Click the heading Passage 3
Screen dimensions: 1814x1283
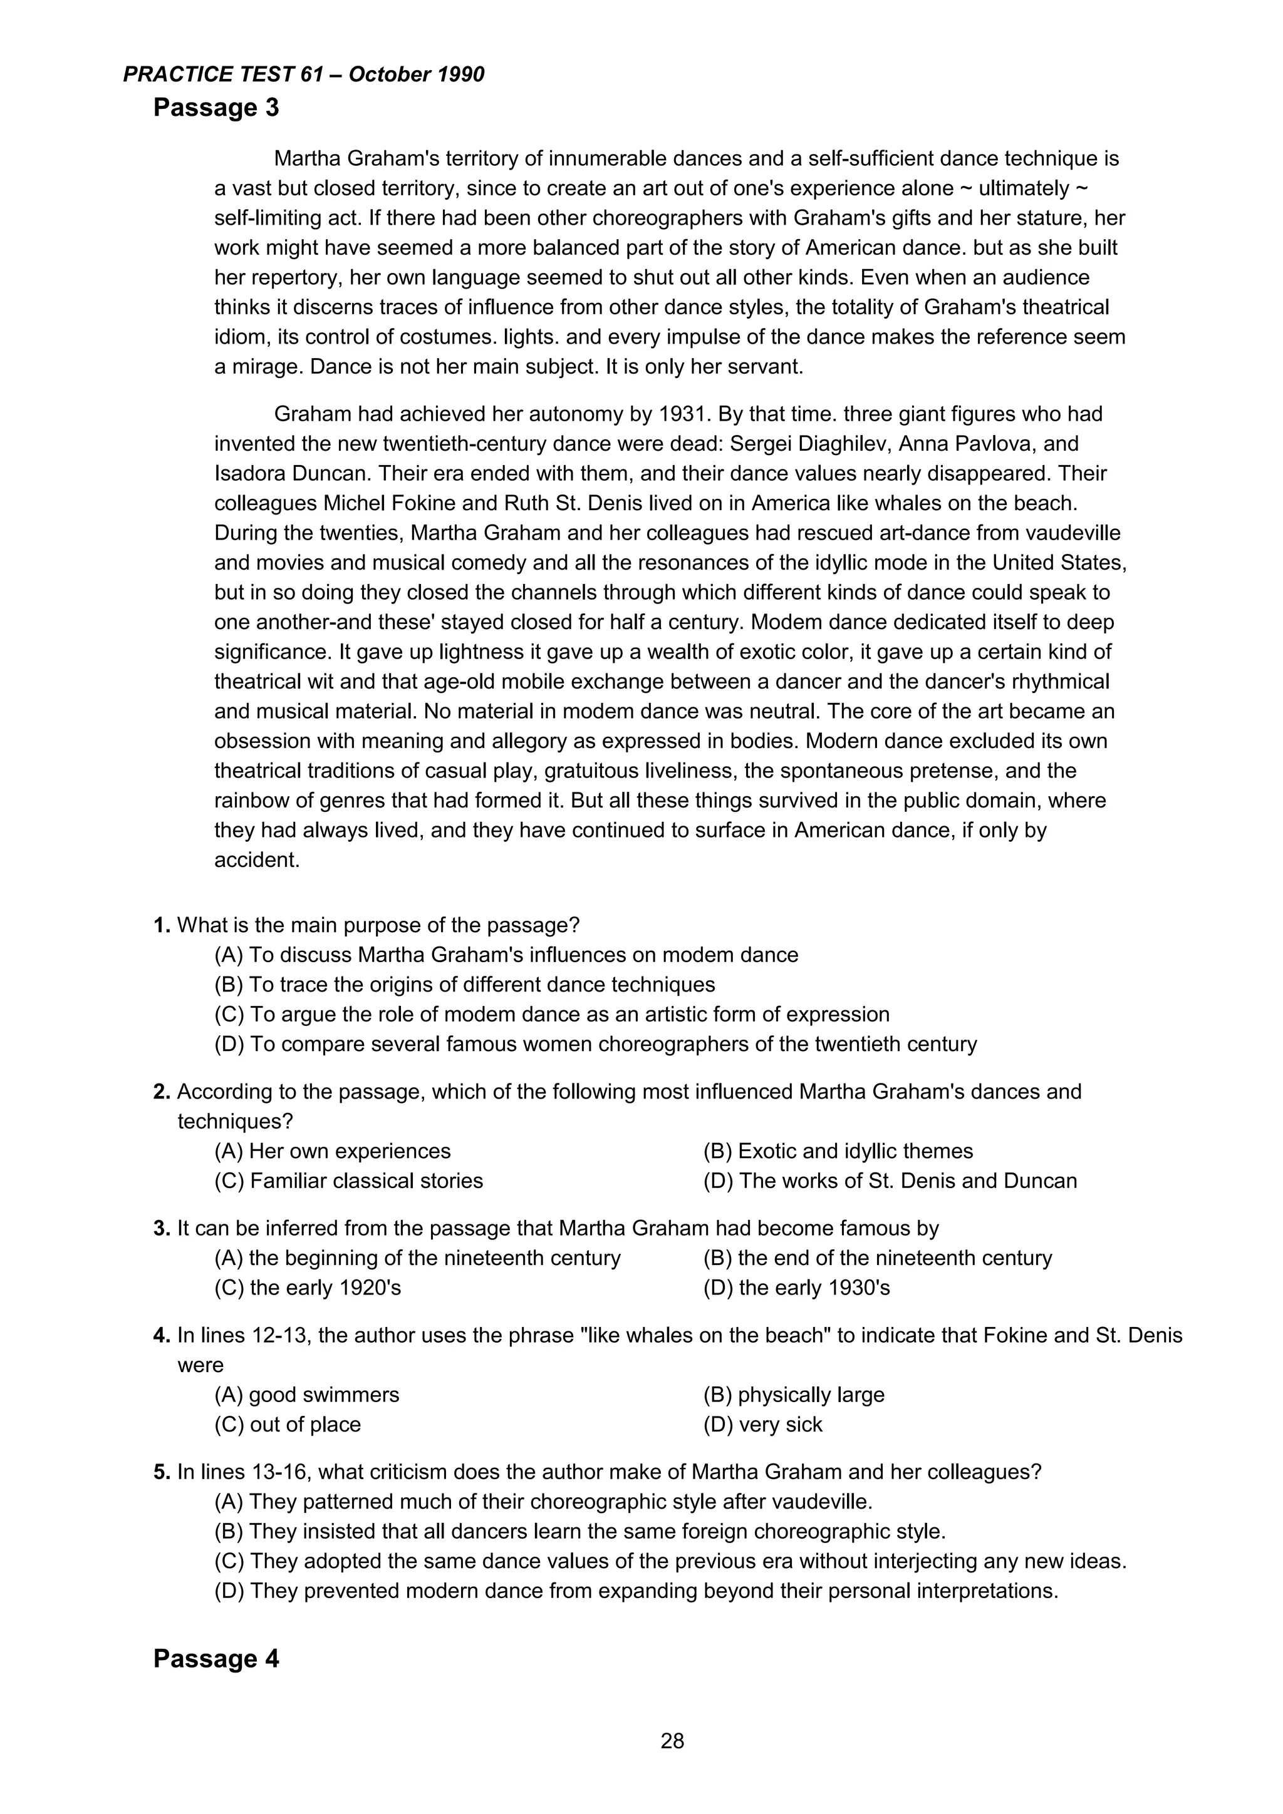tap(216, 108)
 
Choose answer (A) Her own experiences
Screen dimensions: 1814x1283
tap(332, 1151)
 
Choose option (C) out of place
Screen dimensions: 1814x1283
tap(288, 1425)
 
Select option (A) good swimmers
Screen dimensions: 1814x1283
tap(307, 1395)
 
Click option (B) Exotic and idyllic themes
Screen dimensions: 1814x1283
tap(838, 1151)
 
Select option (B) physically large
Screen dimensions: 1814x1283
tap(794, 1395)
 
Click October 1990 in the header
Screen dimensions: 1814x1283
tap(416, 74)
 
